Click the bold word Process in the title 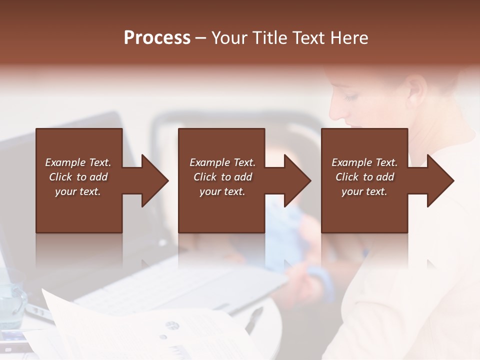(x=157, y=38)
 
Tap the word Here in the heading (x=348, y=38)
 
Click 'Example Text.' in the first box (x=78, y=162)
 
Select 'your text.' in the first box (x=78, y=191)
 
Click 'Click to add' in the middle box (x=222, y=177)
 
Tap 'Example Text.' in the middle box (x=222, y=162)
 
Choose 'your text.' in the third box (x=364, y=191)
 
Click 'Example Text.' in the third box (x=364, y=162)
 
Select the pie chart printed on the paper (x=172, y=325)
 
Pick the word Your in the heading (x=228, y=38)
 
